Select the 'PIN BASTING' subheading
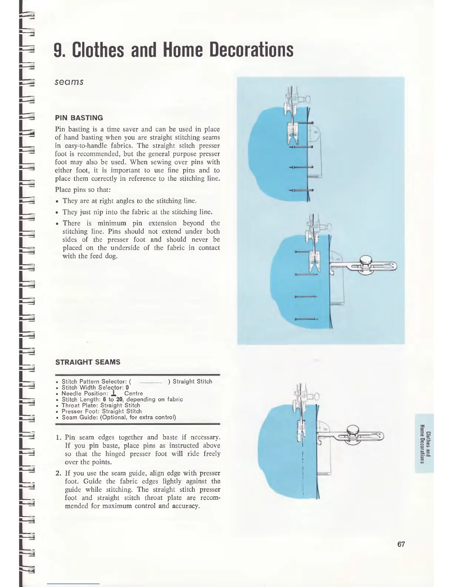tap(79, 118)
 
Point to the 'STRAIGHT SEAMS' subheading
tap(88, 362)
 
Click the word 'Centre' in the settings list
tap(133, 393)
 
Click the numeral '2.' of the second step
tap(58, 473)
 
